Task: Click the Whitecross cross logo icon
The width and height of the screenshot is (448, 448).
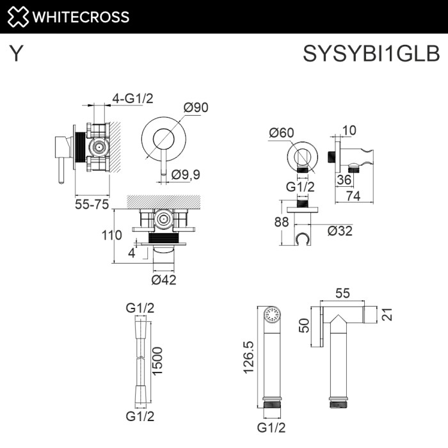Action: point(17,16)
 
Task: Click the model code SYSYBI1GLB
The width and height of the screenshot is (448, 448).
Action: point(371,54)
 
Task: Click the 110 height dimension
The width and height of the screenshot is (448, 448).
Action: point(112,235)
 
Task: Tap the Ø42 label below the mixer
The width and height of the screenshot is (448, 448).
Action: point(164,279)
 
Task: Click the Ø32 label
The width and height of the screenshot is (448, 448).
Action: point(340,231)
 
